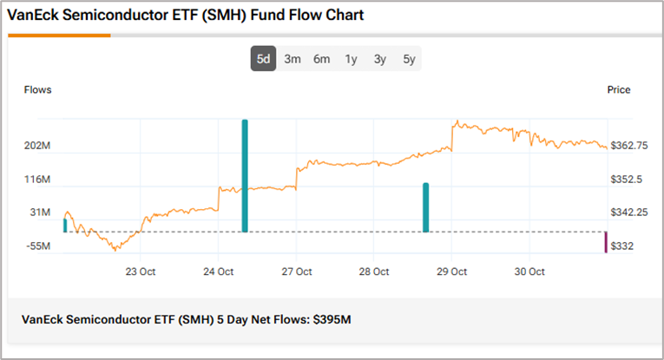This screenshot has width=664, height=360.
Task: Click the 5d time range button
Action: (263, 60)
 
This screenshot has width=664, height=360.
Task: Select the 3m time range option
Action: (293, 60)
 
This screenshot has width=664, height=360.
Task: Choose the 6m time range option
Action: (322, 60)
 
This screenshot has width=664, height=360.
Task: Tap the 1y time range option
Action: (351, 60)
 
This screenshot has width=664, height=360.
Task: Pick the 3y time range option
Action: (380, 60)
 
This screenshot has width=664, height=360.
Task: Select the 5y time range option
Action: (409, 60)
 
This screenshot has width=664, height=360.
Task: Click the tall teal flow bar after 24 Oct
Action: (245, 176)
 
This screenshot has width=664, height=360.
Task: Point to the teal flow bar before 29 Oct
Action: (425, 207)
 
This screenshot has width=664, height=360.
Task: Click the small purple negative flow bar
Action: (606, 243)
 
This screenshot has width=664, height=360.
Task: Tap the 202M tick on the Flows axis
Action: (37, 147)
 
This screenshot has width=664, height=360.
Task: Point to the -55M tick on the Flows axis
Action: (37, 247)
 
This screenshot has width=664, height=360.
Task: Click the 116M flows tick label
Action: (37, 180)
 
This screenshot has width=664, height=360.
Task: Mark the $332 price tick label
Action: (621, 247)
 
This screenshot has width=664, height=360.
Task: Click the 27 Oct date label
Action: (297, 272)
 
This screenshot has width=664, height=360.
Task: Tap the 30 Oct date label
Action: (529, 272)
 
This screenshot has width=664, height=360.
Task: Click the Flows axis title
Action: (37, 89)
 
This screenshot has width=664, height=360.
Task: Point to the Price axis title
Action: (619, 89)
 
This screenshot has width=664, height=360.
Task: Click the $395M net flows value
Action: (334, 319)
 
